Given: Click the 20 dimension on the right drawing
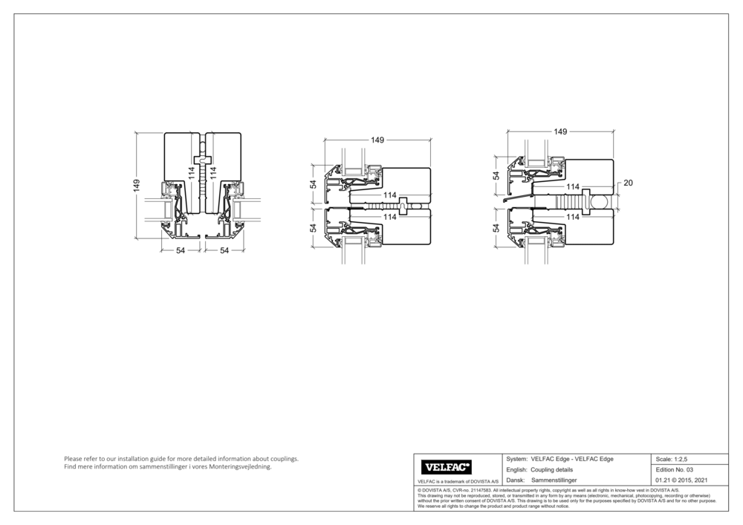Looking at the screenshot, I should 627,182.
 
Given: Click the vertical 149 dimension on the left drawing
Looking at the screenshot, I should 137,186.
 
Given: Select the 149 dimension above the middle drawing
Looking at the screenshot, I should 377,140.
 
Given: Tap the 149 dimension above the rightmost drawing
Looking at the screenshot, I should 560,131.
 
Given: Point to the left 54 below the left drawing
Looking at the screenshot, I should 180,251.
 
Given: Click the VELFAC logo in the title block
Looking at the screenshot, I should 447,467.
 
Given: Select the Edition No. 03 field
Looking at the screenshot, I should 675,470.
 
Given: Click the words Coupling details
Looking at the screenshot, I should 551,470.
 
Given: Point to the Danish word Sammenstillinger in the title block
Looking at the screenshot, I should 554,480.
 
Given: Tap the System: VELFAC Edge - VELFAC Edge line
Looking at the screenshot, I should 559,459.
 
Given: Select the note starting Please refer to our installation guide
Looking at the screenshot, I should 181,459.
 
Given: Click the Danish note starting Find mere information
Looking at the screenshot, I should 168,467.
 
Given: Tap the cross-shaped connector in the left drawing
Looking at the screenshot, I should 201,160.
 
